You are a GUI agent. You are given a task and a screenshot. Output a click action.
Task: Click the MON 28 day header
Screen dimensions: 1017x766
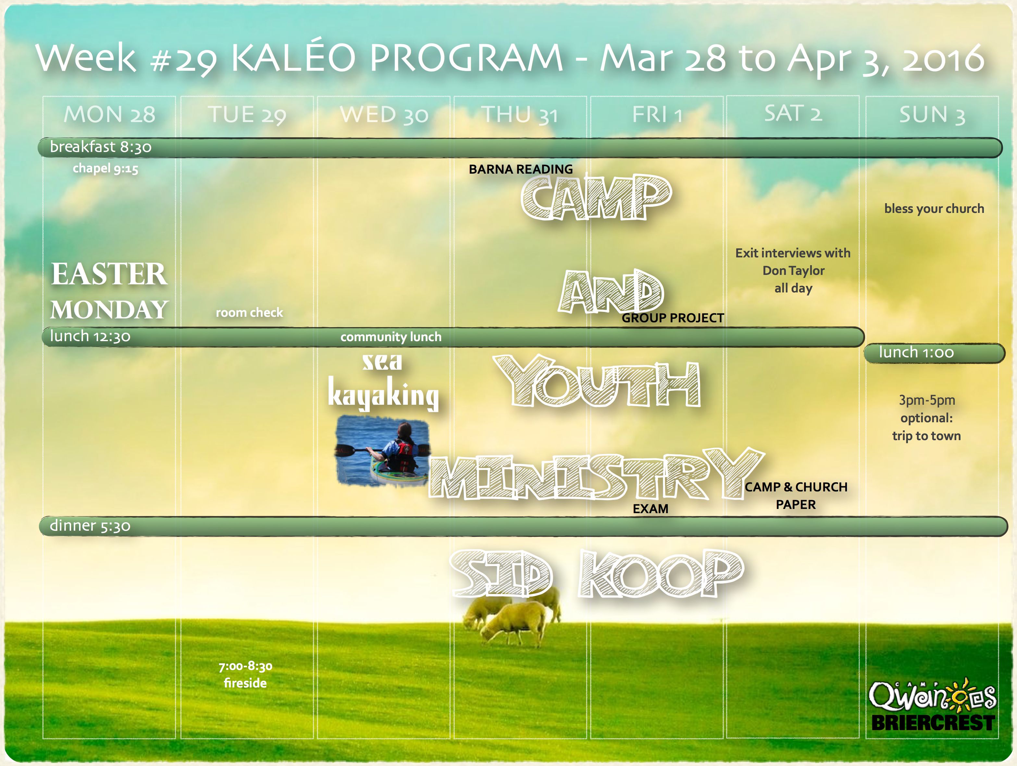109,115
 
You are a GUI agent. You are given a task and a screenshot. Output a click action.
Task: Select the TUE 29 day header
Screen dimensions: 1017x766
247,115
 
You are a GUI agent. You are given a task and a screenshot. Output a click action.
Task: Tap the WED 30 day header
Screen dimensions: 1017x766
384,115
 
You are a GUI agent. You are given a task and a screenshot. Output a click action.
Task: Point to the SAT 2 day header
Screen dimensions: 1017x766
793,114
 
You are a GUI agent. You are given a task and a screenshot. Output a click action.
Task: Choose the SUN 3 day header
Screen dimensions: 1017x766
932,115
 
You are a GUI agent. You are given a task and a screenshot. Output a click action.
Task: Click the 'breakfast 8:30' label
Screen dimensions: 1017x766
101,147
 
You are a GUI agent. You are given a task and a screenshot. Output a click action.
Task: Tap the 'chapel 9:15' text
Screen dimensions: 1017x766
105,169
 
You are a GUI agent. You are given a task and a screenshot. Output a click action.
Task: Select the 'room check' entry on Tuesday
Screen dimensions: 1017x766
249,313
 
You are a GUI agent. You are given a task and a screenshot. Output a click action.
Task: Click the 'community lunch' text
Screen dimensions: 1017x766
391,337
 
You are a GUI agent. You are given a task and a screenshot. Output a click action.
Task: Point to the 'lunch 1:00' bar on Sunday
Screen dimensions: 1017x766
934,353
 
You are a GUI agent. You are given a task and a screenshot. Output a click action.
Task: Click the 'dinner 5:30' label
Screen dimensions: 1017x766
90,525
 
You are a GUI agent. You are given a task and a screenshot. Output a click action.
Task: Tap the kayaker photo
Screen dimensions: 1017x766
382,450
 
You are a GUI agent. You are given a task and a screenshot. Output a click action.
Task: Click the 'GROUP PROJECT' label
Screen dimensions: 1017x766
673,318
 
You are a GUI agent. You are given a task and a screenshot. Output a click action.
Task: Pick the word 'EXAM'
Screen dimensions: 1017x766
651,509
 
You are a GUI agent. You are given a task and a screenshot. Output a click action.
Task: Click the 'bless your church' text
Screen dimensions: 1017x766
934,209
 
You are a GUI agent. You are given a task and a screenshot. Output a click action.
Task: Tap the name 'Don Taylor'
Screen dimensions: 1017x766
794,271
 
